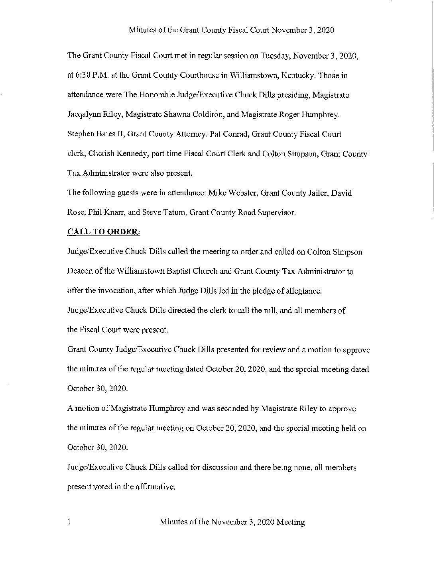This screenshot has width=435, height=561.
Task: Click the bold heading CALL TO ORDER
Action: (103, 232)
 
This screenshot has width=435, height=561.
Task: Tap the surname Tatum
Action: (172, 213)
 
